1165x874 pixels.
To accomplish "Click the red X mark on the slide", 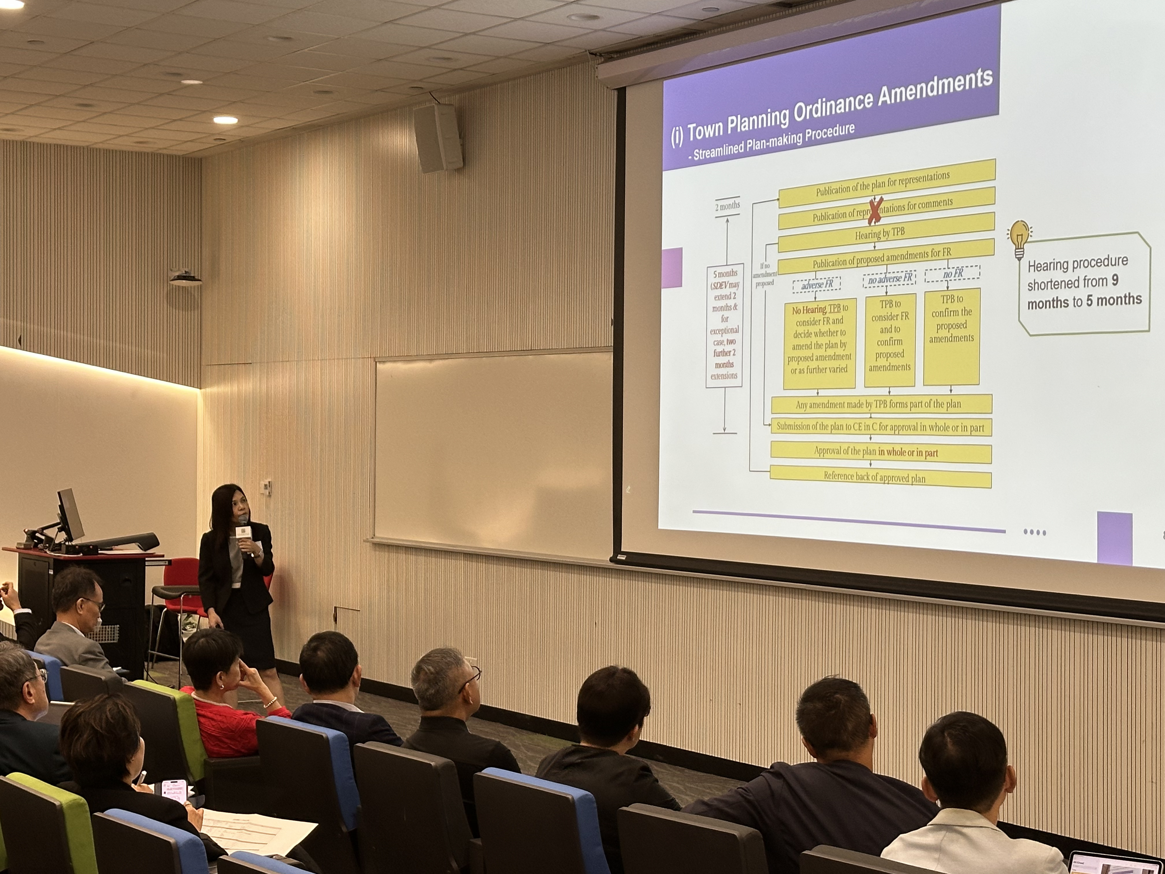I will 875,211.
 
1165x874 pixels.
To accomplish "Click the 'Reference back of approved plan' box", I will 881,477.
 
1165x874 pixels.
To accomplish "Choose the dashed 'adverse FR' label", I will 817,284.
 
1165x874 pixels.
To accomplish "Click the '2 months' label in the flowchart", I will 727,206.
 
